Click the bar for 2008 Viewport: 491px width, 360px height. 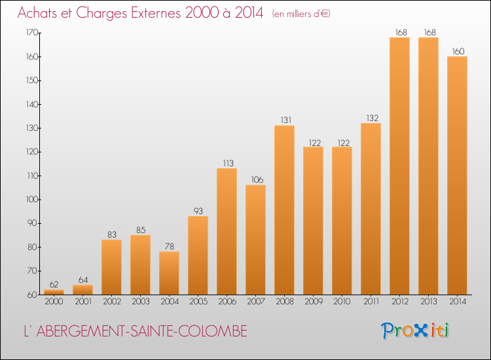(x=284, y=210)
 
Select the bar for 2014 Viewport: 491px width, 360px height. (x=457, y=175)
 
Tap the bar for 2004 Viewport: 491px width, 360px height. (x=169, y=273)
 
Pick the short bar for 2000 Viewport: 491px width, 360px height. (x=54, y=292)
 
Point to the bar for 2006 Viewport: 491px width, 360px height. (x=227, y=231)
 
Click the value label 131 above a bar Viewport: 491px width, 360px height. (x=286, y=120)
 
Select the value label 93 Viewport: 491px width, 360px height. (x=198, y=211)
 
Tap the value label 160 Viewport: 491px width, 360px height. (x=458, y=51)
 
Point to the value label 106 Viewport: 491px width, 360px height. (x=257, y=180)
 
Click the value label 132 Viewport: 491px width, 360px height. (x=373, y=118)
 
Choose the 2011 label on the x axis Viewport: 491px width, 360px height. (x=371, y=302)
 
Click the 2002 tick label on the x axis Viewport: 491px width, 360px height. (x=112, y=302)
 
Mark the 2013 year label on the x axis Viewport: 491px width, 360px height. (x=429, y=302)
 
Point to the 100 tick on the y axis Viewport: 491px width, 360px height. (x=31, y=200)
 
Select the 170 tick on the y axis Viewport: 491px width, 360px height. (x=31, y=33)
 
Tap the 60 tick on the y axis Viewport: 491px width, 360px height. (x=33, y=295)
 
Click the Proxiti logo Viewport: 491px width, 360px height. (x=415, y=331)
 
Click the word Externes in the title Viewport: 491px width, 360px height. (x=156, y=13)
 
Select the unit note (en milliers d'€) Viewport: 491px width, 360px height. (x=301, y=14)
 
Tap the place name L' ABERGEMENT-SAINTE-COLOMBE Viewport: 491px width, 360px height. (x=136, y=331)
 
